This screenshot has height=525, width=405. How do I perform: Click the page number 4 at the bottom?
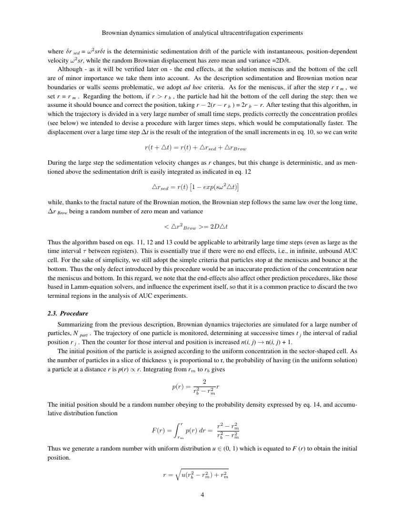pos(202,494)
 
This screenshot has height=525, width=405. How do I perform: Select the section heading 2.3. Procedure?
pos(68,314)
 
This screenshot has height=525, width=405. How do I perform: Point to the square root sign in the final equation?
pos(176,474)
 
